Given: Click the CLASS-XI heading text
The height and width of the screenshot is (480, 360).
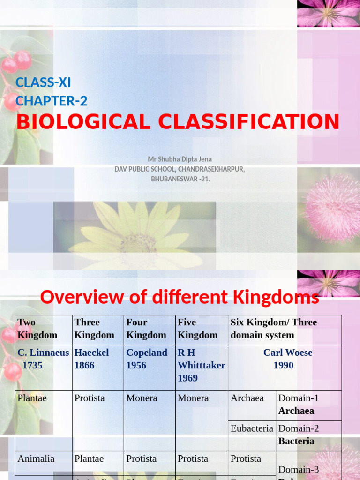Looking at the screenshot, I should coord(43,82).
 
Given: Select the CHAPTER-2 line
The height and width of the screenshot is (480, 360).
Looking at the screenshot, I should coord(52,101).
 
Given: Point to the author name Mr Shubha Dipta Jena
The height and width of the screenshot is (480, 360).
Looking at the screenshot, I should coord(180,159).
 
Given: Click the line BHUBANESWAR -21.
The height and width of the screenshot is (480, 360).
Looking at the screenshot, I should coord(180,179).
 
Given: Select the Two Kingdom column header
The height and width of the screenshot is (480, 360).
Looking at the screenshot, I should coord(37,329).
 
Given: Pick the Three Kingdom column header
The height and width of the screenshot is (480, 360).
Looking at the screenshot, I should coord(94,329).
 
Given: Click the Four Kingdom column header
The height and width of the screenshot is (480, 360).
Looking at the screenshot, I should coord(146,329).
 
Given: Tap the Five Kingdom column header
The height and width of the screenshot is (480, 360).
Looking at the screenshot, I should coord(198,329).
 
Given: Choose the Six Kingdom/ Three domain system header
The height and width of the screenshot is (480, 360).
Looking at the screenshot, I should coord(274,329).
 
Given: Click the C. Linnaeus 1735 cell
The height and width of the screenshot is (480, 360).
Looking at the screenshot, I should coord(43,359).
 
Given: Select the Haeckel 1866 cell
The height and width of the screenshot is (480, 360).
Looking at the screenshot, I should coord(91,359).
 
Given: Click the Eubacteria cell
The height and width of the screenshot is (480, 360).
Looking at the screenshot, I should coord(252,428).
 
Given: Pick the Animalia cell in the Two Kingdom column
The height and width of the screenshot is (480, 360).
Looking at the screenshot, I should coord(36,459).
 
